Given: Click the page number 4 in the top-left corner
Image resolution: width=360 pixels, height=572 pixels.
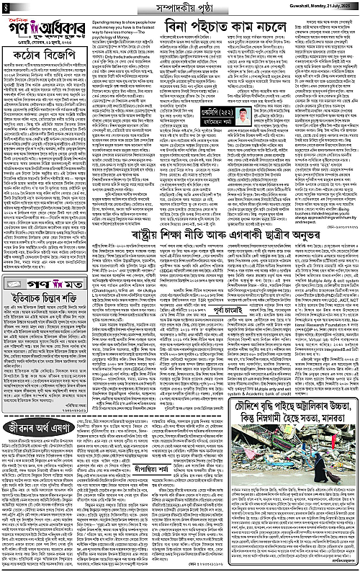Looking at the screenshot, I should tap(6, 7).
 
